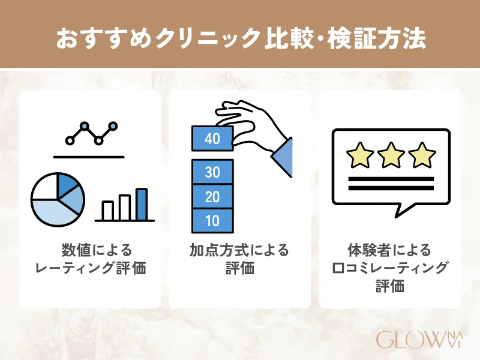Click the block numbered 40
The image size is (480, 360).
212,139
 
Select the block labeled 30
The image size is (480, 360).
212,172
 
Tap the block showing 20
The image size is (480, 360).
212,197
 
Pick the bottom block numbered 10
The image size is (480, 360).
212,221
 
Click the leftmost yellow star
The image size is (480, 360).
360,155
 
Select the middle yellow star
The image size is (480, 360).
391,155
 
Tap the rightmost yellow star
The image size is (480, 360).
422,155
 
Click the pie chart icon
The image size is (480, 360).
58,200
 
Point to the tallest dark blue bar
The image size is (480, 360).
142,204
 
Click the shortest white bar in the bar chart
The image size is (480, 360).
108,211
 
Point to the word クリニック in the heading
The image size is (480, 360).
208,39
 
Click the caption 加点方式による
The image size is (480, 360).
239,250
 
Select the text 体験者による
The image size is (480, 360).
389,250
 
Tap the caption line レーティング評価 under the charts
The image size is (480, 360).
91,268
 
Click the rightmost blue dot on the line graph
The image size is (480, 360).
113,126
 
